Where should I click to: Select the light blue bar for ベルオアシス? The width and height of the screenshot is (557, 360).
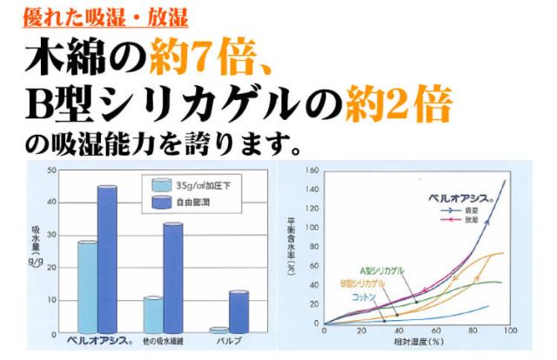click(x=87, y=287)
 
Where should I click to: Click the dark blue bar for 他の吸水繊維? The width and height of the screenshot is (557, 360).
click(x=173, y=277)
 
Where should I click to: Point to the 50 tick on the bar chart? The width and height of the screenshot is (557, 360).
click(x=51, y=170)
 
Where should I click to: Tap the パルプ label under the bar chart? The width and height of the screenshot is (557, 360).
click(x=230, y=339)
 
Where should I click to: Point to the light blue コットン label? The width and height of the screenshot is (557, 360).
click(x=363, y=298)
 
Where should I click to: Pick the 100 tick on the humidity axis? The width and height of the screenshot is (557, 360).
click(x=510, y=332)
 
